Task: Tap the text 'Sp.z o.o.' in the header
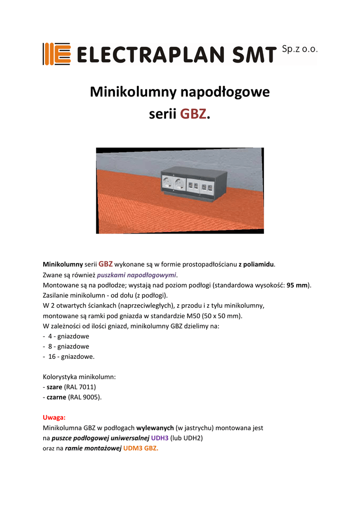point(299,49)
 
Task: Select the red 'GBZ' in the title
point(193,114)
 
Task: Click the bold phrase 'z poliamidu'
point(257,264)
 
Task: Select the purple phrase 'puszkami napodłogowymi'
point(137,275)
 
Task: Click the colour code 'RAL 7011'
point(80,387)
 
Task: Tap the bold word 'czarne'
point(54,397)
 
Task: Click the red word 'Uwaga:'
point(54,418)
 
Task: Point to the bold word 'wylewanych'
point(155,427)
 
